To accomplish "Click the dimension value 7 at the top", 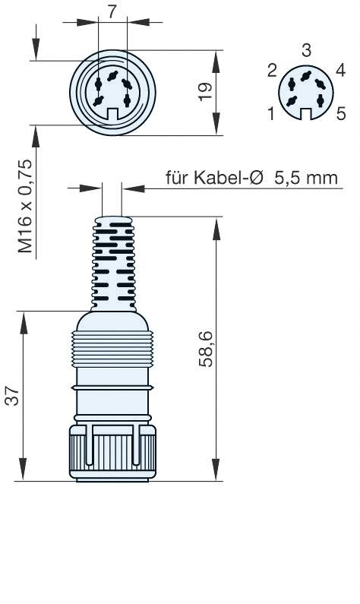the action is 112,11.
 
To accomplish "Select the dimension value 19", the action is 206,92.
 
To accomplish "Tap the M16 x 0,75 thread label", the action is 25,206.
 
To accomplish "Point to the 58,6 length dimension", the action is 206,349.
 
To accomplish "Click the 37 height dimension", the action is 12,395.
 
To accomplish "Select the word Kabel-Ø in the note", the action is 228,178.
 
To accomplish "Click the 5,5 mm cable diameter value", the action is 306,178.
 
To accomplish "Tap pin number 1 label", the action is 271,114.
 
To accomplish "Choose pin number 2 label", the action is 272,71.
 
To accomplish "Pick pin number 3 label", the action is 307,50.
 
